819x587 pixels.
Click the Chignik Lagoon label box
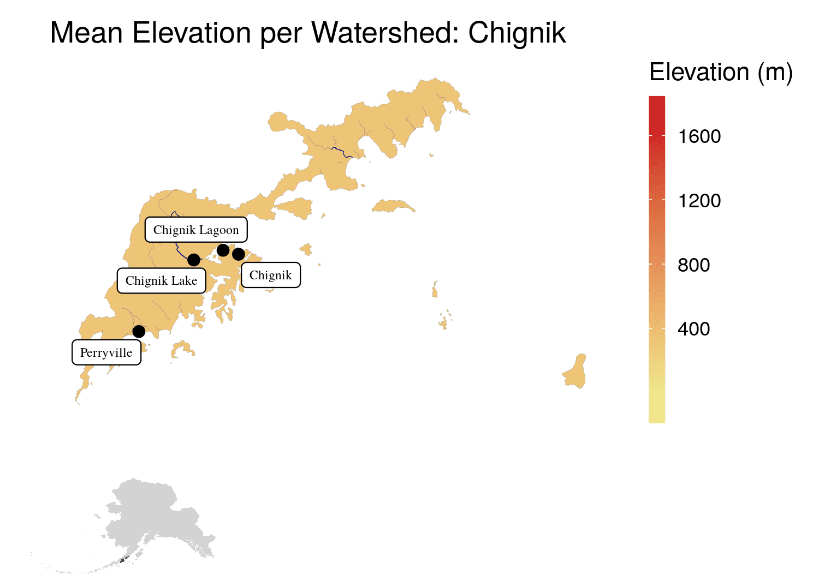tap(196, 230)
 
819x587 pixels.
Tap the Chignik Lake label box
tap(162, 280)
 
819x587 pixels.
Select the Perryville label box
tap(106, 352)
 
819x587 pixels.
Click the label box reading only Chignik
tap(271, 275)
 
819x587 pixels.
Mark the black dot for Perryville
tap(139, 331)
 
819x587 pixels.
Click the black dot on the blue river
tap(193, 260)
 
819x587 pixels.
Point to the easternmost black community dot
tap(238, 254)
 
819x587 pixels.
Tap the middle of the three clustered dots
tap(223, 250)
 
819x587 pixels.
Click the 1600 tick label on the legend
tap(699, 136)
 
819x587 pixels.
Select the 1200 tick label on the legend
tap(699, 201)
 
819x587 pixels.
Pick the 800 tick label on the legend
tap(693, 265)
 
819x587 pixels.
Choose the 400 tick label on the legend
tap(693, 329)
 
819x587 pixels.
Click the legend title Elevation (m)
tap(721, 73)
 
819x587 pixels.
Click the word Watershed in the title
tap(379, 34)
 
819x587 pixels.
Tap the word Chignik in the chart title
tap(517, 34)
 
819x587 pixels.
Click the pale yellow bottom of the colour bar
tap(657, 418)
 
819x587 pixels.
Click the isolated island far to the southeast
tap(575, 373)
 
